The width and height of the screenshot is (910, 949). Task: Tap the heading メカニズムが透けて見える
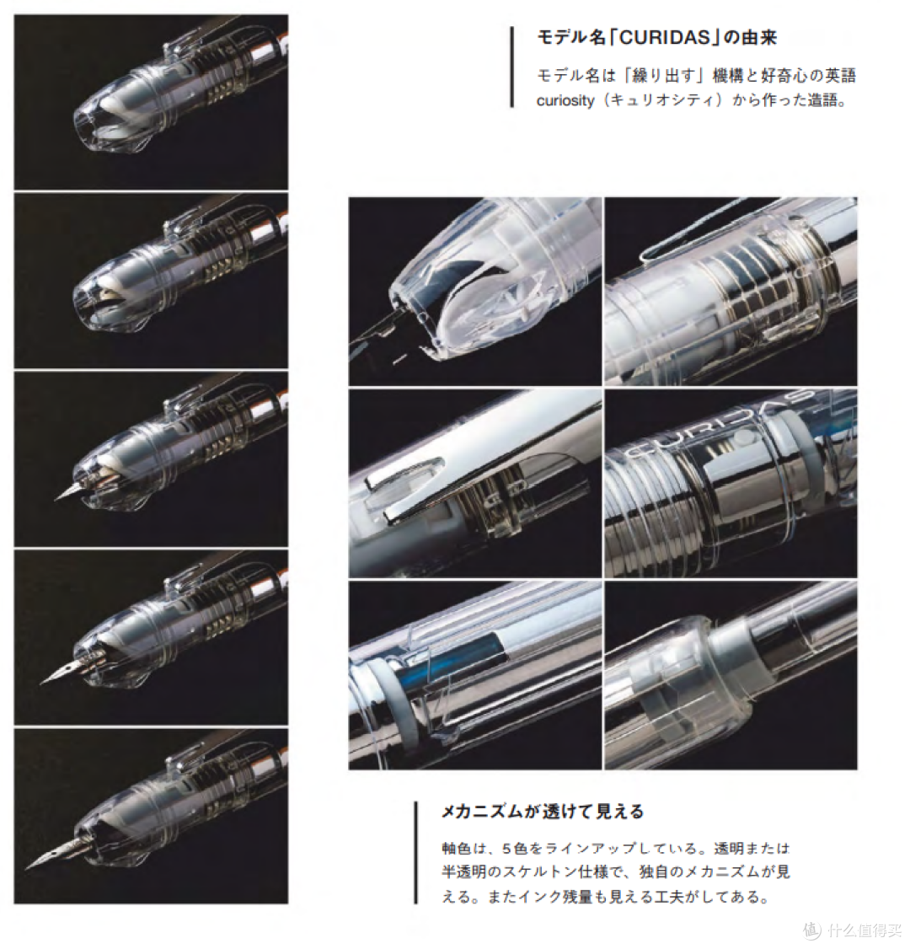[x=543, y=812]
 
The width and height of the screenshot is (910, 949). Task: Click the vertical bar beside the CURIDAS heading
[x=511, y=67]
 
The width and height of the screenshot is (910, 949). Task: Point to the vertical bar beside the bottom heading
[x=415, y=852]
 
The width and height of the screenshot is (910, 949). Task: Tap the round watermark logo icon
[x=811, y=930]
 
